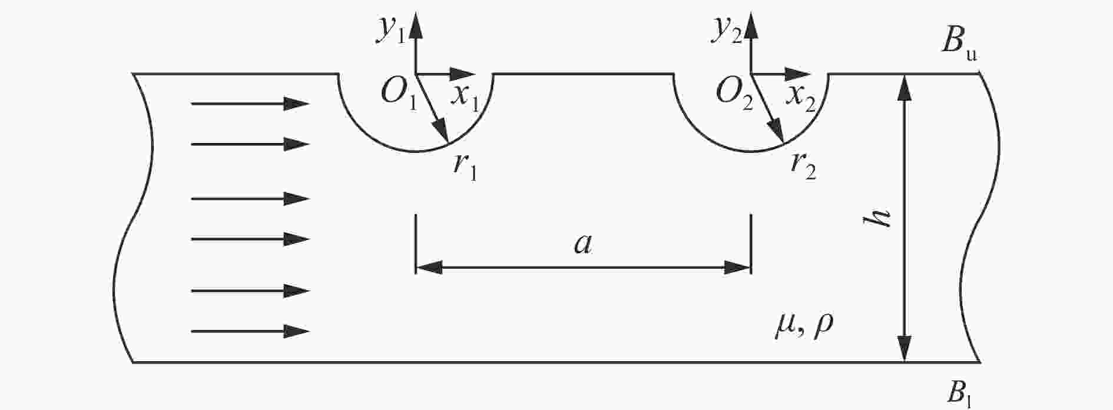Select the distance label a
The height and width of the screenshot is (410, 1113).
pos(583,244)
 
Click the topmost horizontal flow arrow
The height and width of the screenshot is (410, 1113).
pos(250,104)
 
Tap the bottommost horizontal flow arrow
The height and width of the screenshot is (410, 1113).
pos(250,332)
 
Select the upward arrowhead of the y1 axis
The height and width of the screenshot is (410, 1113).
pos(416,24)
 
